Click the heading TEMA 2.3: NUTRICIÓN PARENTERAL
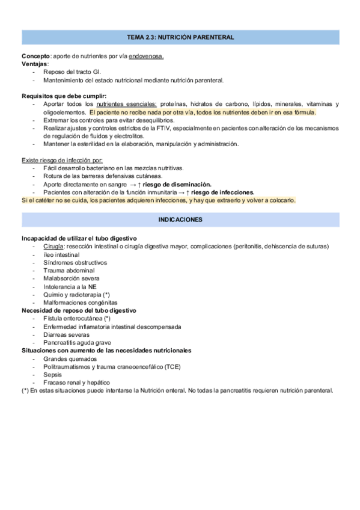click(180, 37)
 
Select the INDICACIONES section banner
click(180, 220)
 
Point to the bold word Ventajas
click(35, 64)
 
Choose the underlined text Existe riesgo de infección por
click(62, 160)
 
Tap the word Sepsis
click(53, 374)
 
